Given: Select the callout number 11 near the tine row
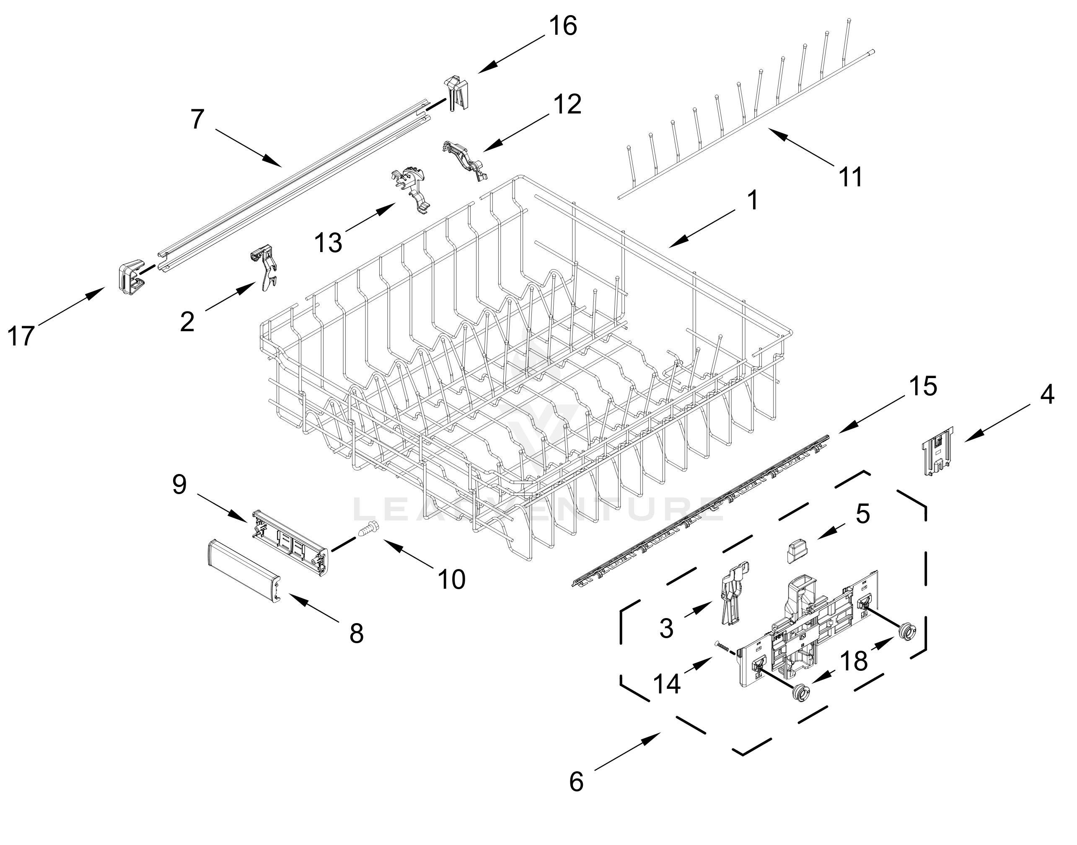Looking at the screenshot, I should [851, 177].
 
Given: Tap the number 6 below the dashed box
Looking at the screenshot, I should [576, 782].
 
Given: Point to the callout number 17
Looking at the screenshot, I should [21, 336].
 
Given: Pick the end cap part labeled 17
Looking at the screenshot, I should [130, 276].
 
